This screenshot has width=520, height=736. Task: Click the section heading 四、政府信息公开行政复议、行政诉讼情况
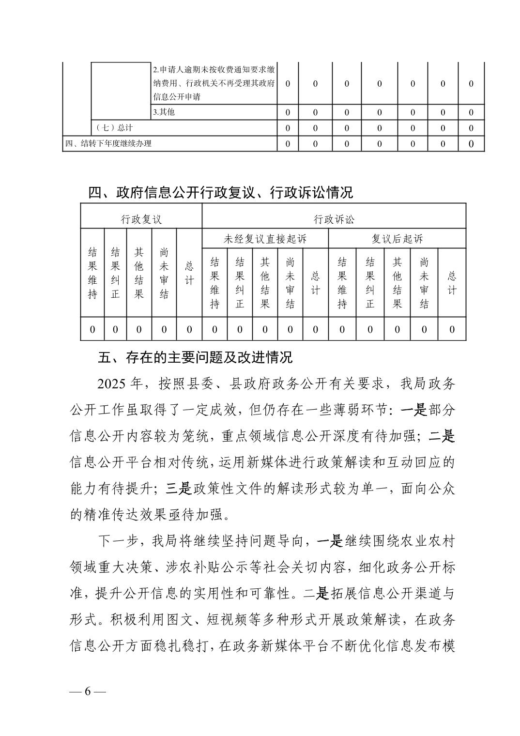coord(220,193)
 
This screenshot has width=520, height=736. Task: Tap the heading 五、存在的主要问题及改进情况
coord(195,358)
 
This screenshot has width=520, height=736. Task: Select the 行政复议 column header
coord(141,219)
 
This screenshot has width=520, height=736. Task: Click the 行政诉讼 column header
coord(334,219)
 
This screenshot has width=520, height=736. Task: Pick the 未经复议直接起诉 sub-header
coord(265,239)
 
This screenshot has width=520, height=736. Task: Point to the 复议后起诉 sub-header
coord(397,239)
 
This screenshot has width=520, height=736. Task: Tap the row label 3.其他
coord(164,112)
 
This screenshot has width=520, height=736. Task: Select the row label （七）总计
coord(114,128)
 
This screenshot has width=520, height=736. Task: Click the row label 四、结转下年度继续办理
coord(108,143)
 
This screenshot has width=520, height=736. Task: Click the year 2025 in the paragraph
coord(111,384)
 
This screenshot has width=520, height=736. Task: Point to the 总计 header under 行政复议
coord(189,273)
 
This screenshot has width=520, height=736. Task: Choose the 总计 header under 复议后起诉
coord(452,283)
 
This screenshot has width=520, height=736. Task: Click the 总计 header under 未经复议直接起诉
coord(315,283)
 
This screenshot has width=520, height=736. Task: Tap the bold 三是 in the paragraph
coord(179,489)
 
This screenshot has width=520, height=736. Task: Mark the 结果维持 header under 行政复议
coord(92,273)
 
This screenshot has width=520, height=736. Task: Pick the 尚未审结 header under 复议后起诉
coord(424,283)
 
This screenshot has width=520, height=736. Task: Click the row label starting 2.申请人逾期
coord(214,83)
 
